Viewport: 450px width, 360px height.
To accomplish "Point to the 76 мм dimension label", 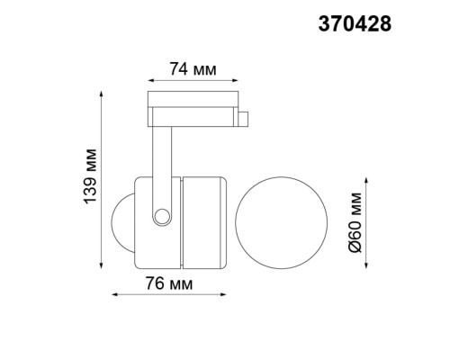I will (x=170, y=284).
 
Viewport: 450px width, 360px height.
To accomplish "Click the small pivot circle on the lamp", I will (x=162, y=216).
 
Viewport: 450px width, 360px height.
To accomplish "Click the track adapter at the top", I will (x=193, y=105).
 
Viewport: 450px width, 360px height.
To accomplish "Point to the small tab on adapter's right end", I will (x=244, y=117).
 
